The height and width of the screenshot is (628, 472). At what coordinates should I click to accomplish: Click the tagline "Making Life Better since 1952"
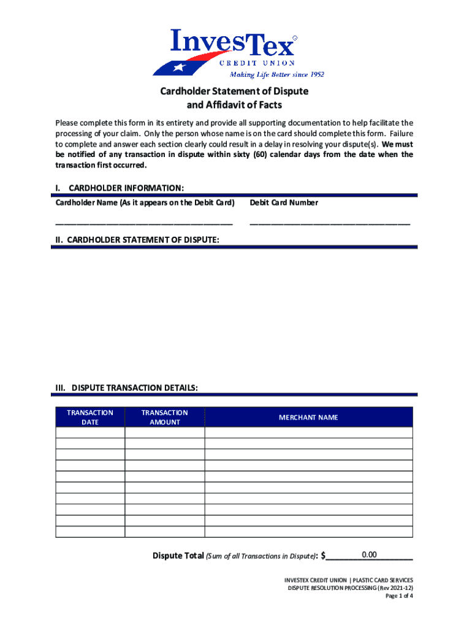tap(276, 75)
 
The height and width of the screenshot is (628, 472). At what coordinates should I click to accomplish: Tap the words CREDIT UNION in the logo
tap(257, 63)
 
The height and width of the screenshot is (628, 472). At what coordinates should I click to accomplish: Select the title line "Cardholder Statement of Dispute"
tap(234, 91)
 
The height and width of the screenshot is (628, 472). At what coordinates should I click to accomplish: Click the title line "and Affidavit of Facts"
tap(234, 105)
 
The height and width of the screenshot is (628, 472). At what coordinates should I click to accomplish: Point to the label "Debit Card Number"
tap(284, 203)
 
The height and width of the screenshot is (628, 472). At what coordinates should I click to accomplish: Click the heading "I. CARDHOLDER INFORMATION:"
tap(120, 188)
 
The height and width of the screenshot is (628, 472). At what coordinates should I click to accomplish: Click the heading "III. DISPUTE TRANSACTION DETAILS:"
tap(126, 388)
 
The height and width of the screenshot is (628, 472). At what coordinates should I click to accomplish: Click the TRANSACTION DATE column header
tap(90, 418)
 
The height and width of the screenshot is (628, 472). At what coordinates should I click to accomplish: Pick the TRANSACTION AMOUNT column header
tap(164, 418)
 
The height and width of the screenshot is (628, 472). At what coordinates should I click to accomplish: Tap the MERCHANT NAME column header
tap(308, 418)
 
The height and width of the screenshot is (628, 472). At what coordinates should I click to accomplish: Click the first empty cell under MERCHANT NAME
tap(308, 432)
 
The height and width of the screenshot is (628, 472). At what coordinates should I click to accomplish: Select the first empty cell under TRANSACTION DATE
tap(90, 432)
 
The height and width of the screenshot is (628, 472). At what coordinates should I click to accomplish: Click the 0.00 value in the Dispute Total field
tap(369, 555)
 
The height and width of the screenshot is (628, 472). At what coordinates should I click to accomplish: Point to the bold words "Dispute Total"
tap(178, 556)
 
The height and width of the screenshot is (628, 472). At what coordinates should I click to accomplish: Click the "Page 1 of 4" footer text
tap(399, 595)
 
